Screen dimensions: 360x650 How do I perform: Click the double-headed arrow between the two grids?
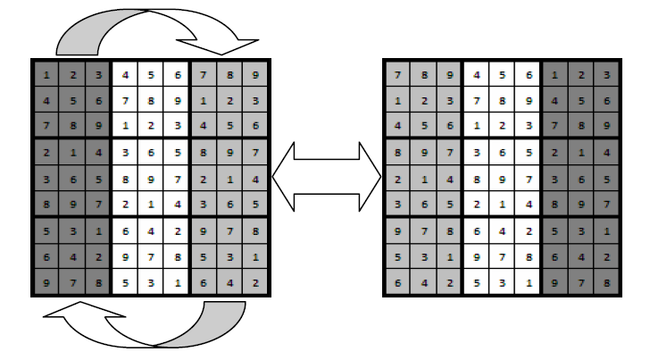click(x=326, y=179)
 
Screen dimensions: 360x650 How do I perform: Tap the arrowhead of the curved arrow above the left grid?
click(x=234, y=41)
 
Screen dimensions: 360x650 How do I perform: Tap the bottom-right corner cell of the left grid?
click(x=255, y=284)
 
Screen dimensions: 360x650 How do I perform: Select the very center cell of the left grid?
click(x=151, y=179)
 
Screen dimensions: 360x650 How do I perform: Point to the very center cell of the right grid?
click(x=503, y=179)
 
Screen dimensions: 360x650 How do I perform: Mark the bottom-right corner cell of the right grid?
click(x=606, y=284)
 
